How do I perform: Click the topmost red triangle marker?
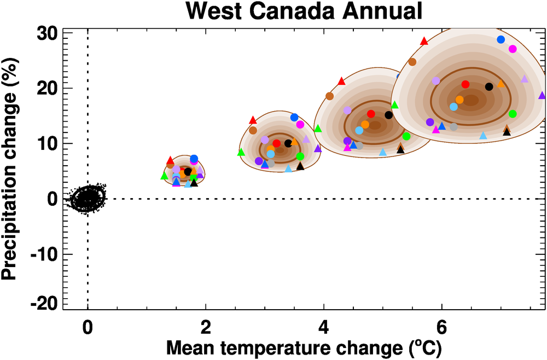(424, 41)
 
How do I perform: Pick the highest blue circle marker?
(501, 39)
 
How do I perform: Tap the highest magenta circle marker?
(513, 49)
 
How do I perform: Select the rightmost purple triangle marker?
(542, 95)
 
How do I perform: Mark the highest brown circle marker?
(412, 62)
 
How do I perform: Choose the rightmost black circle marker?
(489, 86)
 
